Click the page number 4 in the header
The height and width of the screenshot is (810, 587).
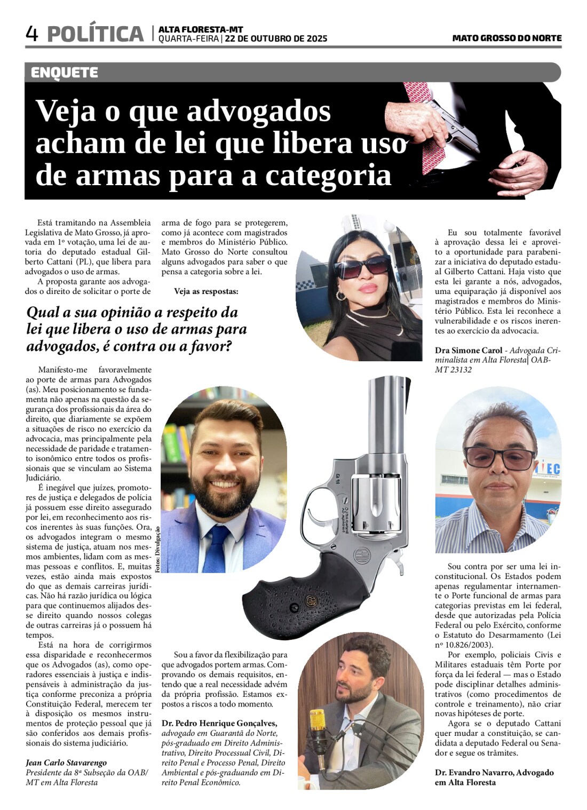pos(32,34)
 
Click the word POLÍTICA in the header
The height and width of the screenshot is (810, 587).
pos(96,34)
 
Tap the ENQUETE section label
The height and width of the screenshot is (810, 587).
pos(65,73)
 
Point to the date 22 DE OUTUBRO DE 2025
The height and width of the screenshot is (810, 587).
pos(276,39)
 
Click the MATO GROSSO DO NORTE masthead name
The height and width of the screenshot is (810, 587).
pos(506,38)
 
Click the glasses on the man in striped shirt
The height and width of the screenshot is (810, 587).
pos(499,458)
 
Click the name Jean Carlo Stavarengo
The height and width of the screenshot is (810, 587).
pos(66,763)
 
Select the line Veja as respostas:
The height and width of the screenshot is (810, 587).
pos(206,291)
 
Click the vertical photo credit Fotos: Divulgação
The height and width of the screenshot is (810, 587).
pos(157,550)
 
